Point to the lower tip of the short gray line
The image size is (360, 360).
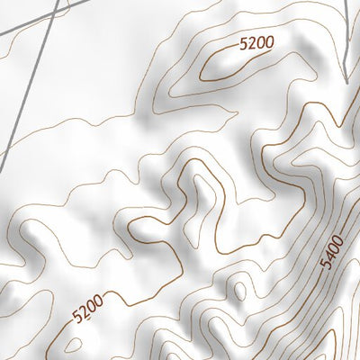click(346, 83)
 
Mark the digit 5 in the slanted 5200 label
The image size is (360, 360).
click(78, 316)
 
